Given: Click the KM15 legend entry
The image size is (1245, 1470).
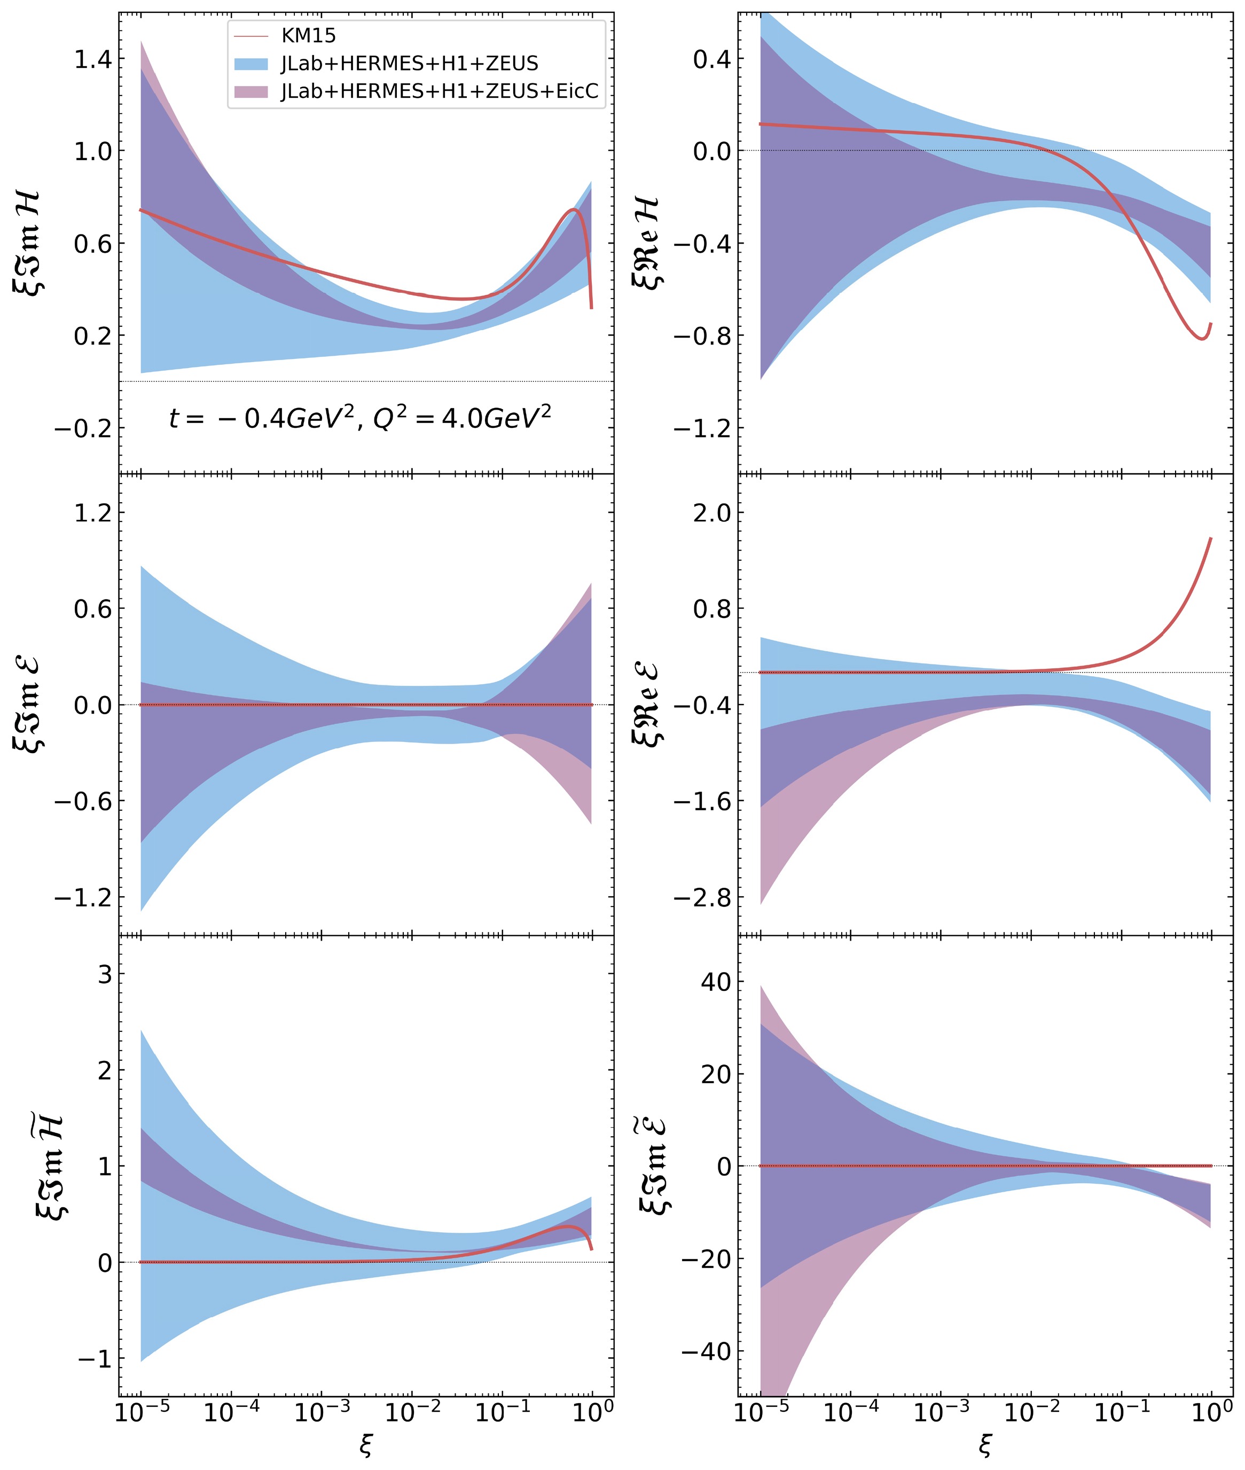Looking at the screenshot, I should [x=308, y=35].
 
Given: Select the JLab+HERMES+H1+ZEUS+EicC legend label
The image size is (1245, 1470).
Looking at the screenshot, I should [x=439, y=91].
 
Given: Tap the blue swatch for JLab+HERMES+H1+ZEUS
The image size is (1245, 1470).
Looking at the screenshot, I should [x=250, y=64].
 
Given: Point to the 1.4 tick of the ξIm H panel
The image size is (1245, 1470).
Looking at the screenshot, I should [x=92, y=59].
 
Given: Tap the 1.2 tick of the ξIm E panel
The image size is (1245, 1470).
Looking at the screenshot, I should [x=92, y=512].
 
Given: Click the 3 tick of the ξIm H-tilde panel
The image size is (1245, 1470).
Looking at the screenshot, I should [x=105, y=975].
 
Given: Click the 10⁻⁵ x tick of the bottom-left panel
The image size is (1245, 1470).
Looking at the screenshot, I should [x=141, y=1411].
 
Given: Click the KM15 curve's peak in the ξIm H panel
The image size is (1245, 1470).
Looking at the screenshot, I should [x=574, y=209].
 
